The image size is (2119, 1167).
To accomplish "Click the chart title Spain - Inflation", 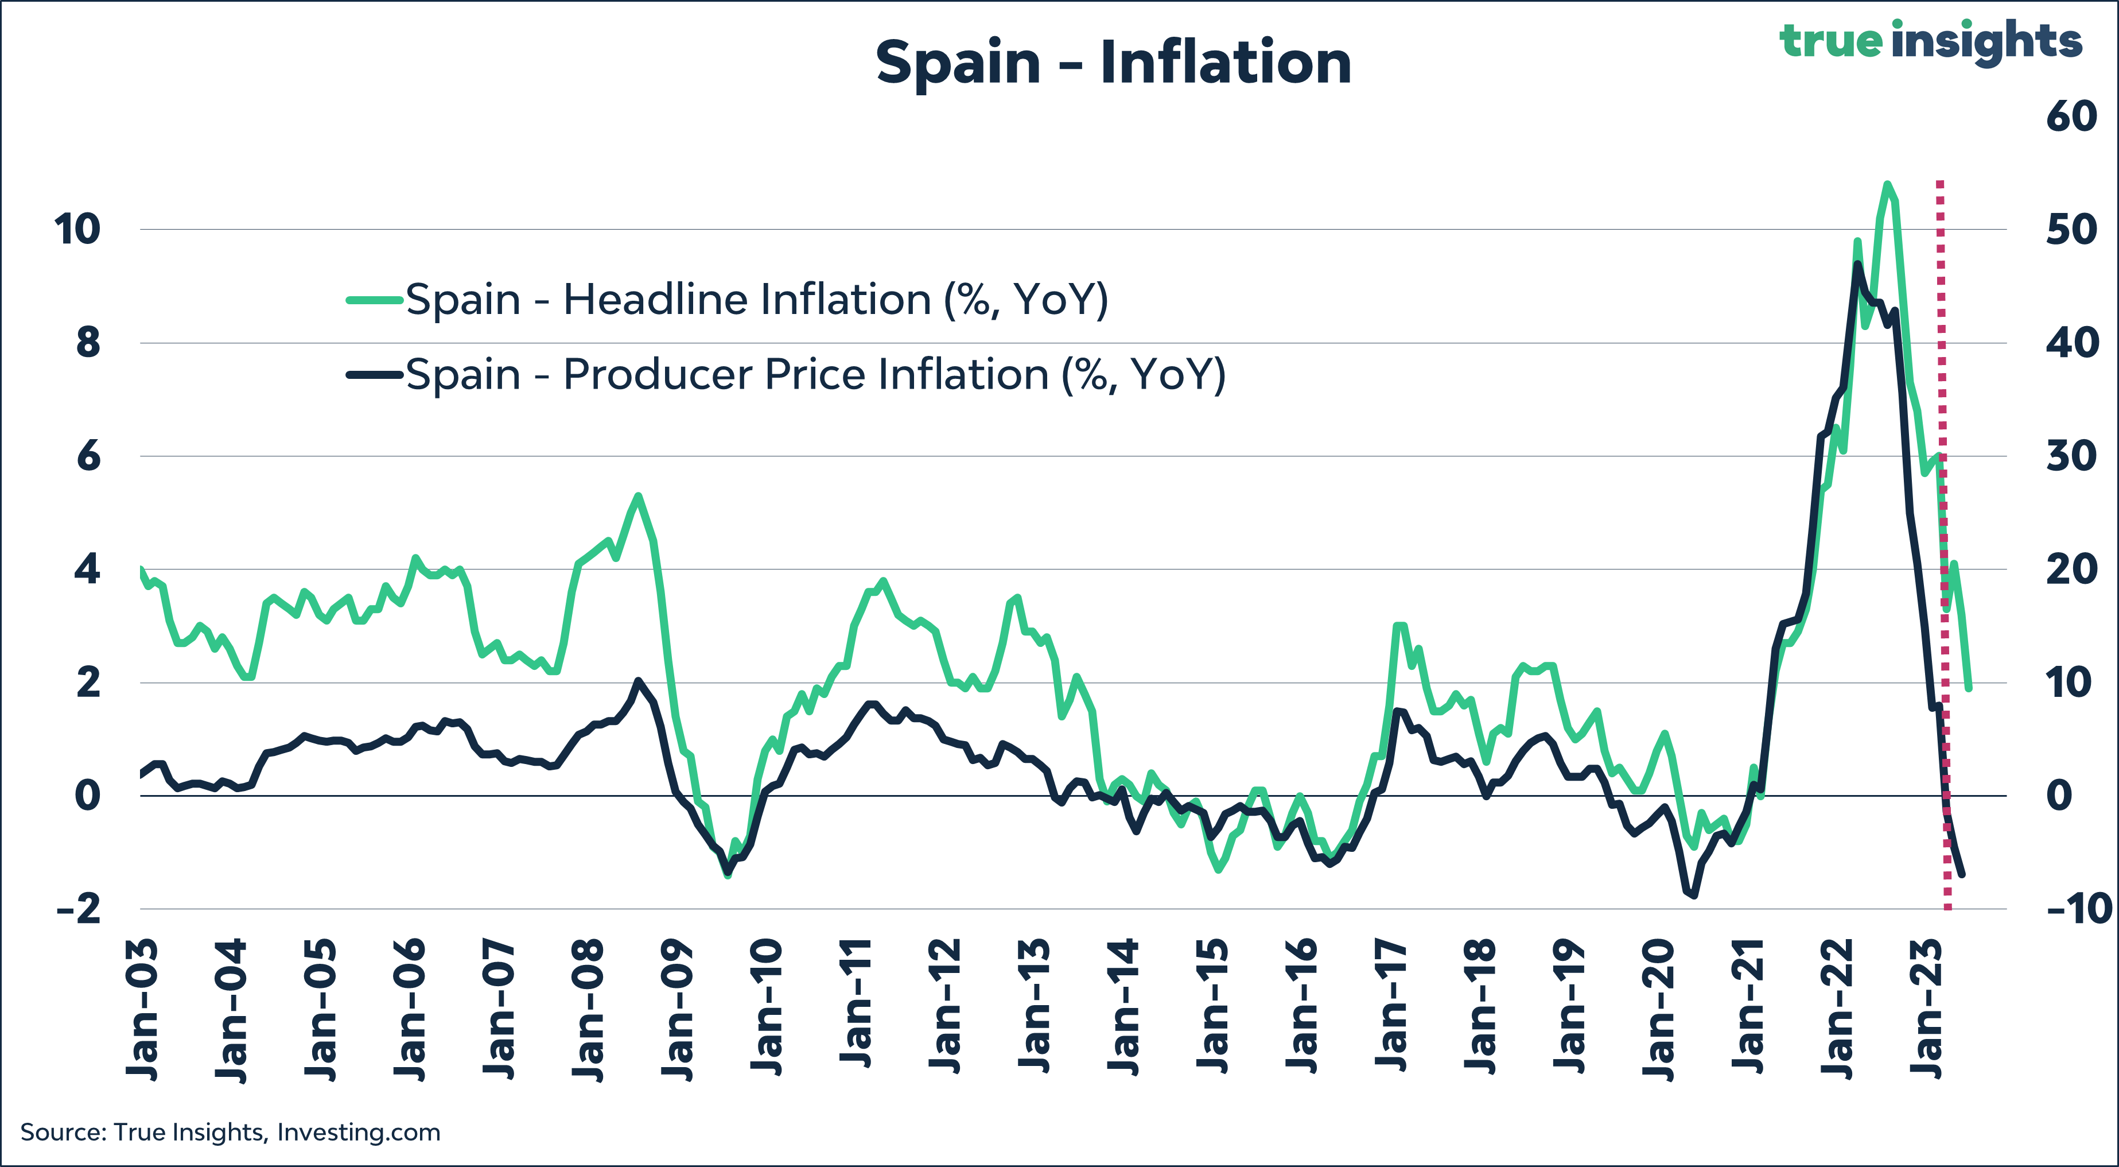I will [1113, 63].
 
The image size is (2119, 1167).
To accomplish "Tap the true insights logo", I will [1930, 41].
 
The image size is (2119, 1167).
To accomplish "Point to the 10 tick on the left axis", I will [77, 229].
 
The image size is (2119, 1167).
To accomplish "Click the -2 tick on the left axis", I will [77, 909].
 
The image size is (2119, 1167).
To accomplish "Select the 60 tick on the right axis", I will [2071, 116].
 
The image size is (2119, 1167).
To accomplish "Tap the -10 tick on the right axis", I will [2078, 909].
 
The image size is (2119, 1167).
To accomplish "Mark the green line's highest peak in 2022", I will [1887, 184].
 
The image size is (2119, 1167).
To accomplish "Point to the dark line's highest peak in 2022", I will [1857, 263].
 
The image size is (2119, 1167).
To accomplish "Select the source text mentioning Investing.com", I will [230, 1133].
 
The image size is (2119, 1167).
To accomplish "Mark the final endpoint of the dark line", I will [1963, 874].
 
